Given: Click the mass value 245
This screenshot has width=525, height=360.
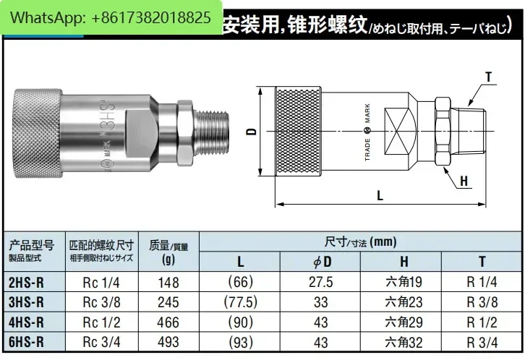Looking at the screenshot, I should coord(168,302).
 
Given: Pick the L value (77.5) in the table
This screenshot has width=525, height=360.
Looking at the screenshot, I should coord(241,302).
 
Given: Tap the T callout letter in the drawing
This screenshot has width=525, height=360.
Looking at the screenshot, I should coord(488,77).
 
